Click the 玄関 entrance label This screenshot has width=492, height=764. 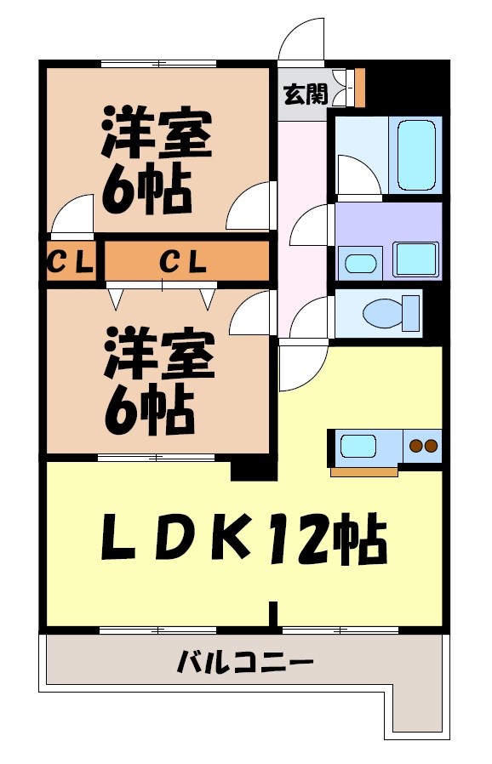305,93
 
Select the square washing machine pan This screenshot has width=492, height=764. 415,259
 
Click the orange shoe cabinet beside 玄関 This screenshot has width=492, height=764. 360,86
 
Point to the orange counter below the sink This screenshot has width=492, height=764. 363,471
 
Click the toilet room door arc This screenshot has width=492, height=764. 308,318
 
